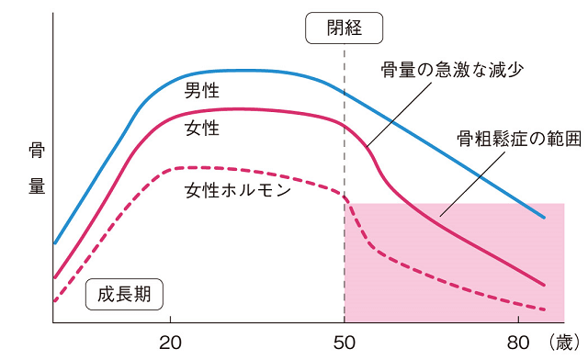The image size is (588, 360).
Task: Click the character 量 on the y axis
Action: (x=37, y=186)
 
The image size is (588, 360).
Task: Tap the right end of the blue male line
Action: (x=545, y=218)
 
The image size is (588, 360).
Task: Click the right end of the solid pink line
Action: (x=545, y=285)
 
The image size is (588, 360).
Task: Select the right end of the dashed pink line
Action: (x=545, y=310)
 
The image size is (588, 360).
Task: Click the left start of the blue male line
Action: (x=55, y=243)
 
